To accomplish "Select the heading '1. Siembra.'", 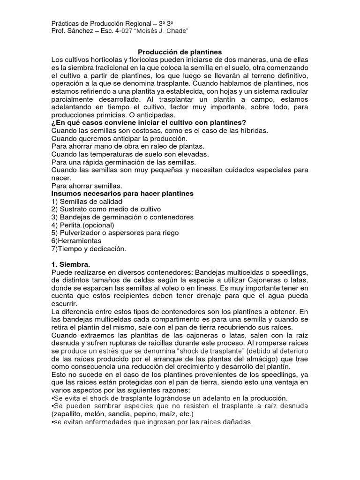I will point(71,264).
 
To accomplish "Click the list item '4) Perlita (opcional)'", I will point(83,225).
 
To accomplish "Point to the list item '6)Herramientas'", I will point(76,240).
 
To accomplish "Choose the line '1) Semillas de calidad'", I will point(83,202).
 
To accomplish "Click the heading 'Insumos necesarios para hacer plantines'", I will point(122,194).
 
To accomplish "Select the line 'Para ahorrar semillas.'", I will point(87,186).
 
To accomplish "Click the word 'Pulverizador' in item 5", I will point(80,233).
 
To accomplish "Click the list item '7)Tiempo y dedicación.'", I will point(89,248).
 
